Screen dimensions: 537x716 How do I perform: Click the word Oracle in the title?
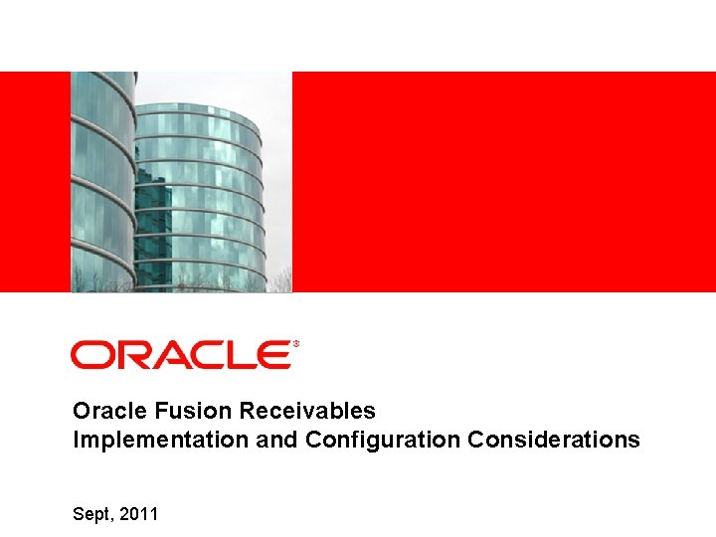(x=104, y=411)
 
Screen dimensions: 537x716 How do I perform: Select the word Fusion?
(x=180, y=411)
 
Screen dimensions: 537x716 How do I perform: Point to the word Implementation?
(x=161, y=440)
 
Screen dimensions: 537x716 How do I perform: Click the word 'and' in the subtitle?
(x=277, y=440)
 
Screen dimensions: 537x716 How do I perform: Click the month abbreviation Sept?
(x=93, y=515)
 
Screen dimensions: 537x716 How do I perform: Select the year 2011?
(x=139, y=514)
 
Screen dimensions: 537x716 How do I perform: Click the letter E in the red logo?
(x=272, y=355)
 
